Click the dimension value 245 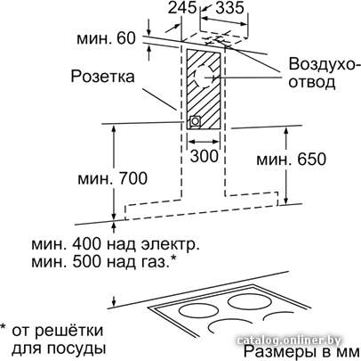coord(182,7)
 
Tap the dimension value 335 coord(229,7)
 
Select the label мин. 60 coord(106,38)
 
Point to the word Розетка coord(102,76)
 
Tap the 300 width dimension coord(205,155)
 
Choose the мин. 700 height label coord(112,179)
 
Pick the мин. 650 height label coord(291,160)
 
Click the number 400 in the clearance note coord(87,244)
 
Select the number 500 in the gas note coord(87,262)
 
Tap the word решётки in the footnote coord(70,331)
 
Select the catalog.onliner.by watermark coord(289,340)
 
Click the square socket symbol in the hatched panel coord(195,121)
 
